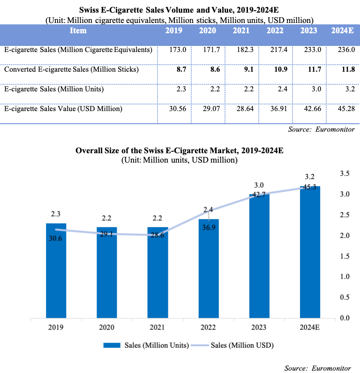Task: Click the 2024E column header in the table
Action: pyautogui.click(x=341, y=30)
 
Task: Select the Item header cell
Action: pyautogui.click(x=78, y=30)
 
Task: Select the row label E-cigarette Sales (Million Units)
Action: pyautogui.click(x=54, y=89)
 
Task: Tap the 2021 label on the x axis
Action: pyautogui.click(x=158, y=328)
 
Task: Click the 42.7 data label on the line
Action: pyautogui.click(x=259, y=194)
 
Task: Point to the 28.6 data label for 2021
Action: pyautogui.click(x=158, y=235)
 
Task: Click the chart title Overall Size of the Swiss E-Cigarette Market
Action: pyautogui.click(x=180, y=151)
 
